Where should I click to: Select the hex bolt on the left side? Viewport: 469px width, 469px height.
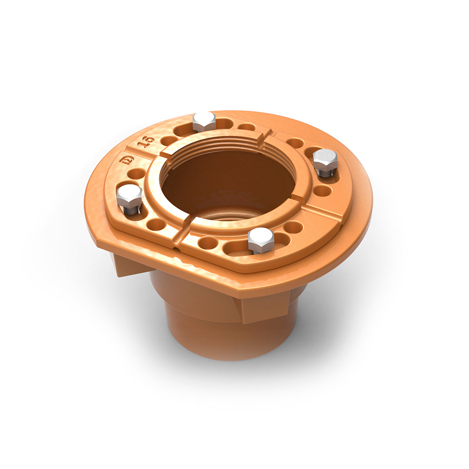click(129, 196)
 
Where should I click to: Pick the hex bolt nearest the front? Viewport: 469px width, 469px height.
click(261, 239)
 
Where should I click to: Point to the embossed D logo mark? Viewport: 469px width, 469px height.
click(128, 161)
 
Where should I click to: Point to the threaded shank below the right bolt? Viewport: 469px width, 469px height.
click(325, 173)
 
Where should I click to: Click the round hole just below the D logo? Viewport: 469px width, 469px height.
click(136, 174)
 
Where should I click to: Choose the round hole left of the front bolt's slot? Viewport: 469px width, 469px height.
click(208, 243)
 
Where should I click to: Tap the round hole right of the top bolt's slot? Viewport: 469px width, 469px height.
click(247, 127)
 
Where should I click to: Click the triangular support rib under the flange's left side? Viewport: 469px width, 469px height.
click(129, 266)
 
